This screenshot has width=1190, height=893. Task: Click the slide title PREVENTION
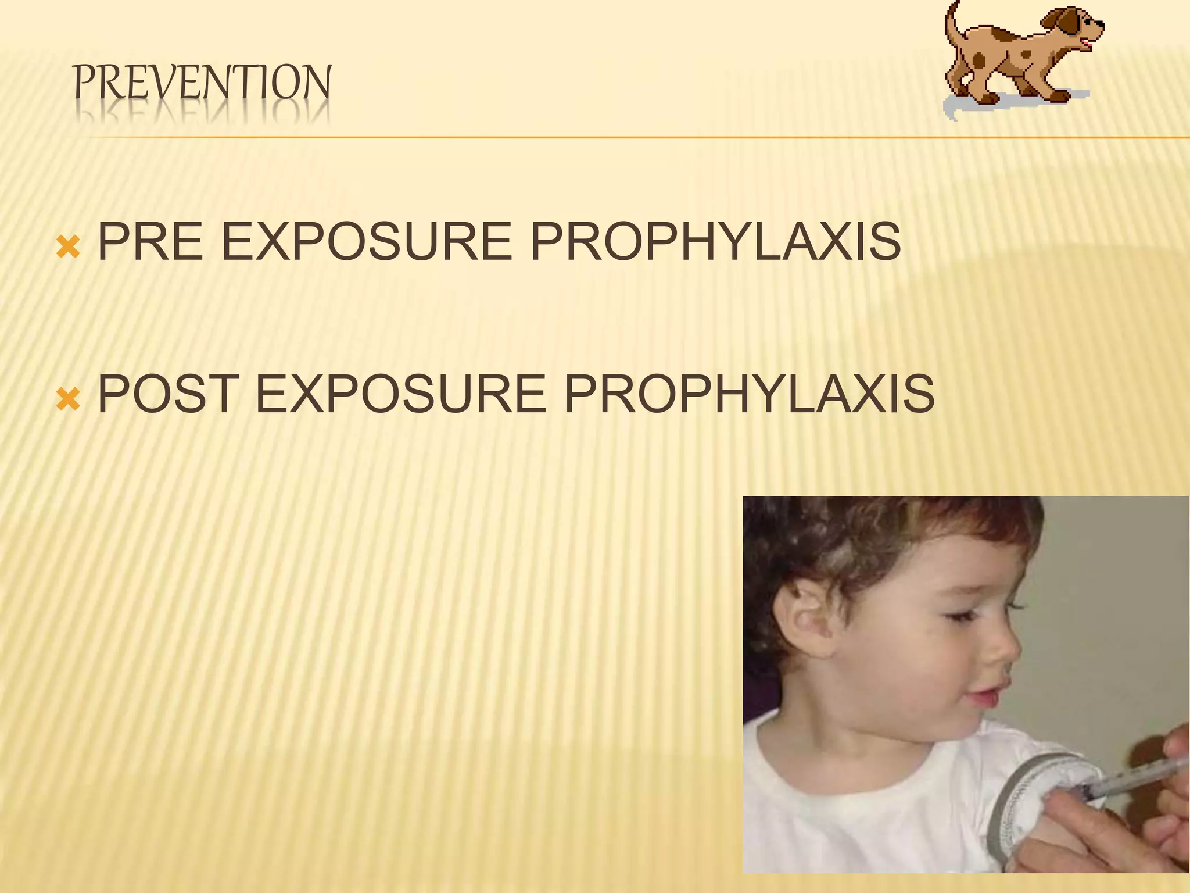click(202, 83)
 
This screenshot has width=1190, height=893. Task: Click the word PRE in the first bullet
click(150, 242)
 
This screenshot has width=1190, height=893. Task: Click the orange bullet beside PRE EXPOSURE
click(67, 248)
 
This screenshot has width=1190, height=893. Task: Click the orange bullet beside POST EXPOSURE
click(67, 399)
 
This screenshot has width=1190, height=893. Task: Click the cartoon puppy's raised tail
click(953, 23)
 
